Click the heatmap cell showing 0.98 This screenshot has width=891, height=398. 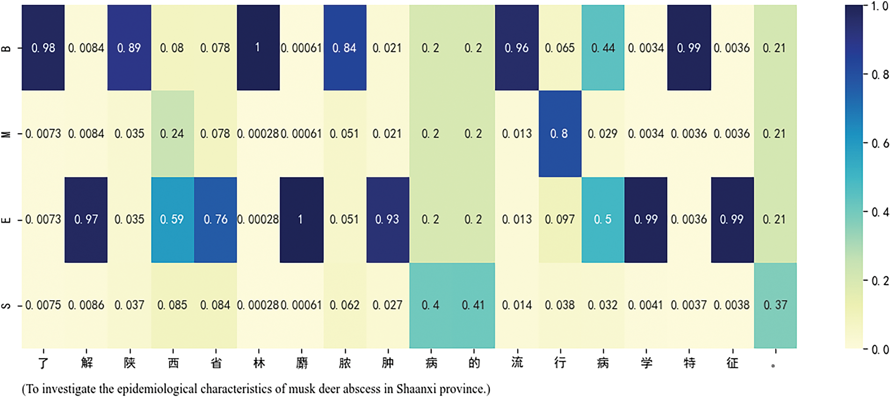click(x=43, y=48)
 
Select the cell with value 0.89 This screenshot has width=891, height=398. click(x=129, y=48)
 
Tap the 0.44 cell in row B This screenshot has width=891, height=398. click(x=602, y=48)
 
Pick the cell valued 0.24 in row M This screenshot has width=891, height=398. click(x=172, y=134)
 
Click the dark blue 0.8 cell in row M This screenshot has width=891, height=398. click(x=559, y=134)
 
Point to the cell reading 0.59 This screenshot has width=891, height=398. click(x=172, y=219)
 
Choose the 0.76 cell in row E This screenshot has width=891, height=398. click(x=215, y=219)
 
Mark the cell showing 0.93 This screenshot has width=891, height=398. click(x=387, y=219)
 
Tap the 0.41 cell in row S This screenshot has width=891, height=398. click(x=473, y=305)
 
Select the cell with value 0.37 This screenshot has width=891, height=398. click(x=775, y=305)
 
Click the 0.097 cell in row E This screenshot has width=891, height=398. click(x=559, y=219)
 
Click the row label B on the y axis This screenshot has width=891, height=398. click(x=7, y=48)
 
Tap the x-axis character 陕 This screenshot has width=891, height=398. click(x=130, y=363)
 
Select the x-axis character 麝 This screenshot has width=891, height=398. click(x=302, y=363)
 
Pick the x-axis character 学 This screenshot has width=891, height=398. click(x=646, y=363)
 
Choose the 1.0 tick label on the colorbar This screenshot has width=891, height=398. click(x=879, y=7)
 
